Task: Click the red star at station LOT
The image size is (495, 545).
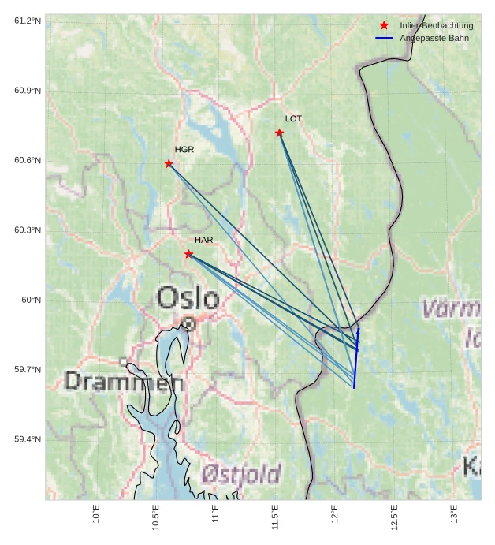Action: click(280, 133)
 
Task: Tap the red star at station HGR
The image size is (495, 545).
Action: click(169, 163)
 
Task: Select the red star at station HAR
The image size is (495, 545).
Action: click(188, 254)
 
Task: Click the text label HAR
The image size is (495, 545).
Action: click(204, 240)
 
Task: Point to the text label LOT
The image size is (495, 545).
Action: click(293, 119)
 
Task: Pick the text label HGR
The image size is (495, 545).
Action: click(184, 149)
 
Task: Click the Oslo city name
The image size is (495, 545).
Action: click(188, 298)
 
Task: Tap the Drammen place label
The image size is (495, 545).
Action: click(125, 383)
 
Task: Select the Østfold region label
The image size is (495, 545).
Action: click(241, 473)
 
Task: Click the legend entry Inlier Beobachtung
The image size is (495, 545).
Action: click(436, 25)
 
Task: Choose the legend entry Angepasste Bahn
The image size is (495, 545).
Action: click(434, 38)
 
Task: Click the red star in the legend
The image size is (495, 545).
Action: click(384, 25)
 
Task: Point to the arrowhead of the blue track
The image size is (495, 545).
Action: click(358, 330)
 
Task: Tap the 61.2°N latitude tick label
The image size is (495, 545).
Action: click(27, 21)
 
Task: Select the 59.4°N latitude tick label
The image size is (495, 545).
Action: click(27, 439)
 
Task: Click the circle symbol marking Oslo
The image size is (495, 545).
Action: click(188, 323)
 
